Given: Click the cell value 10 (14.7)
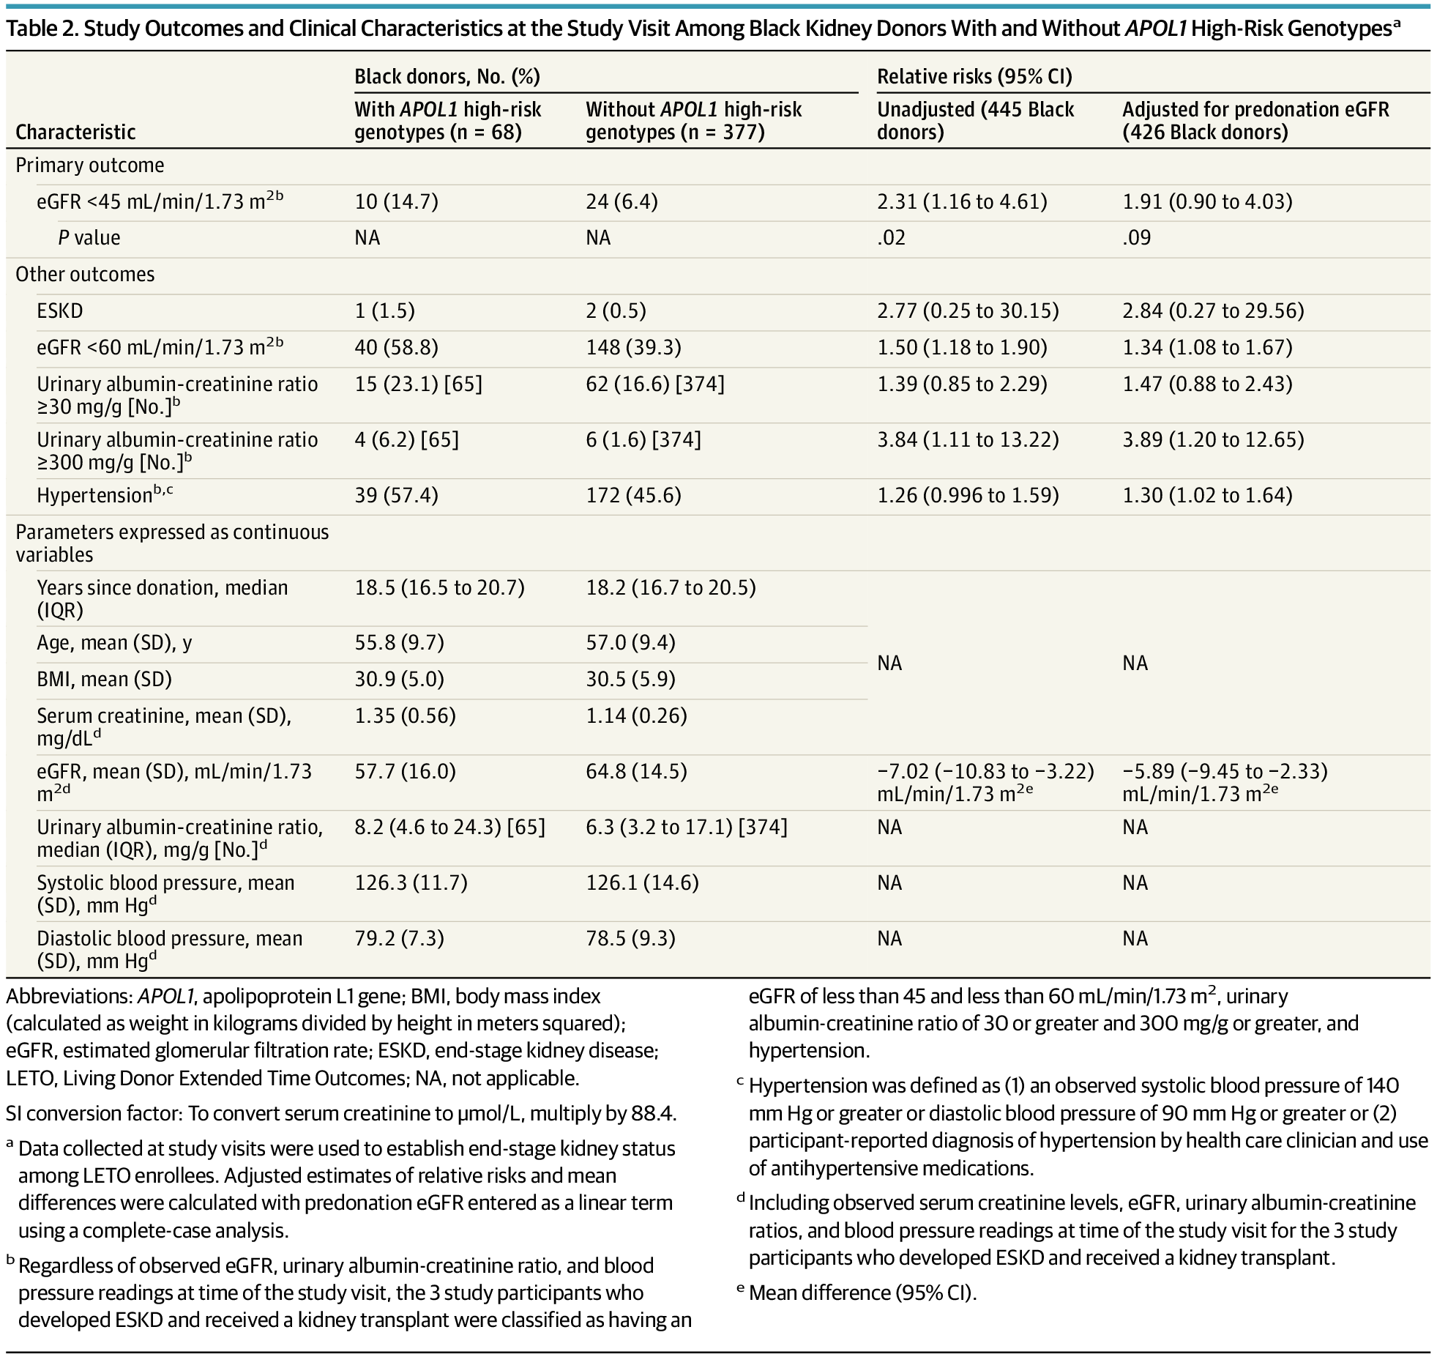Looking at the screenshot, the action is (x=396, y=201).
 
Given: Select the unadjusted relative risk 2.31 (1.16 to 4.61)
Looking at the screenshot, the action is (x=962, y=201).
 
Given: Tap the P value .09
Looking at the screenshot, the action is (x=1136, y=238).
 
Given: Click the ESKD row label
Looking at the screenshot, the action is (x=60, y=311).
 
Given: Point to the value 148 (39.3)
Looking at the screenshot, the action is (x=633, y=347).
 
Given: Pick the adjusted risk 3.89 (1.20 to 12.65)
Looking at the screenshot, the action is (x=1213, y=439).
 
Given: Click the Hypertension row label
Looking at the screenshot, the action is (x=105, y=495).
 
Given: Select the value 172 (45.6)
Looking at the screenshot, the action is (x=633, y=495).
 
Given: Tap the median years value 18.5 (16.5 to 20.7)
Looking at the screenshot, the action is (x=439, y=587).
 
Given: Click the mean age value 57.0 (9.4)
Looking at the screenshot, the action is (x=630, y=642).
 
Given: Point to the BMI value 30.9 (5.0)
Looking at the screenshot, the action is (x=399, y=679).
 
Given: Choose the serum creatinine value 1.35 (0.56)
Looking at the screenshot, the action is (x=405, y=715).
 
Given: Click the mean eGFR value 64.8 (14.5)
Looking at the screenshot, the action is (x=636, y=771).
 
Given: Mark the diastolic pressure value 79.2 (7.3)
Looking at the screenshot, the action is (x=399, y=938).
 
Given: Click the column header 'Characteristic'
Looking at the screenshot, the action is (x=75, y=132).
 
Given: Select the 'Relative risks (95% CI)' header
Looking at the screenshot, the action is (x=974, y=76).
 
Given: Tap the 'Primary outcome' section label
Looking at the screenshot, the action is (x=89, y=166).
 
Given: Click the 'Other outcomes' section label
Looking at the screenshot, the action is (x=85, y=275).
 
